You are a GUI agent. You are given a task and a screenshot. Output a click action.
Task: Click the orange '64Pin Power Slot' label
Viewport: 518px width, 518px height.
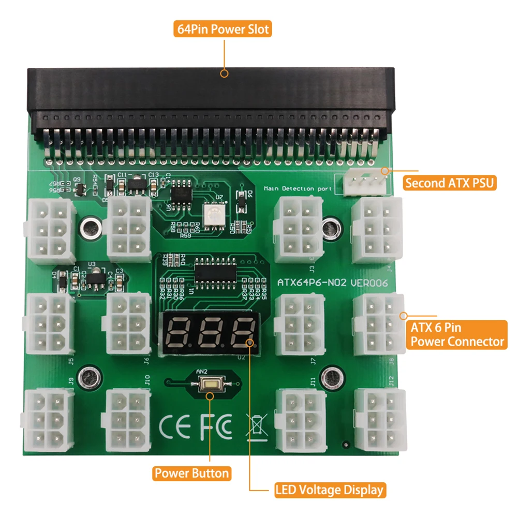(x=223, y=29)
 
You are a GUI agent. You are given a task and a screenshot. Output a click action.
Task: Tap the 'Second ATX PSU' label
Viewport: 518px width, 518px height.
(x=449, y=183)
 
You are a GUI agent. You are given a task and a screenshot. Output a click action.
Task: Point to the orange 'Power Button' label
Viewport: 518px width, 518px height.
(x=192, y=473)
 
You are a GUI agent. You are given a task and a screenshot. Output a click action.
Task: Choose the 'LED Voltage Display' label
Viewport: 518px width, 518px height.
(x=329, y=490)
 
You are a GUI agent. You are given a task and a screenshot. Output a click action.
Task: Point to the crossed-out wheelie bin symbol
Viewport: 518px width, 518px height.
(x=257, y=426)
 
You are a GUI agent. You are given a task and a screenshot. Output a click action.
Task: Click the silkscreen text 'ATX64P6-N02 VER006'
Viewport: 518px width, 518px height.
(x=333, y=283)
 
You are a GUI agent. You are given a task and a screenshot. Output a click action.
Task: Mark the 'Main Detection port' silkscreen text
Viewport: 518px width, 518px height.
(x=298, y=189)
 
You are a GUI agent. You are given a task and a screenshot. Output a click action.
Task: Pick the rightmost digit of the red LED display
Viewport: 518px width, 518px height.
(x=242, y=332)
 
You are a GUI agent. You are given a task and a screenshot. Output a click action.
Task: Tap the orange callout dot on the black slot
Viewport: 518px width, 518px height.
(x=224, y=73)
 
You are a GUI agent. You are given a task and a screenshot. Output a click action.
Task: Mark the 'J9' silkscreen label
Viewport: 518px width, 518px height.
(x=71, y=382)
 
